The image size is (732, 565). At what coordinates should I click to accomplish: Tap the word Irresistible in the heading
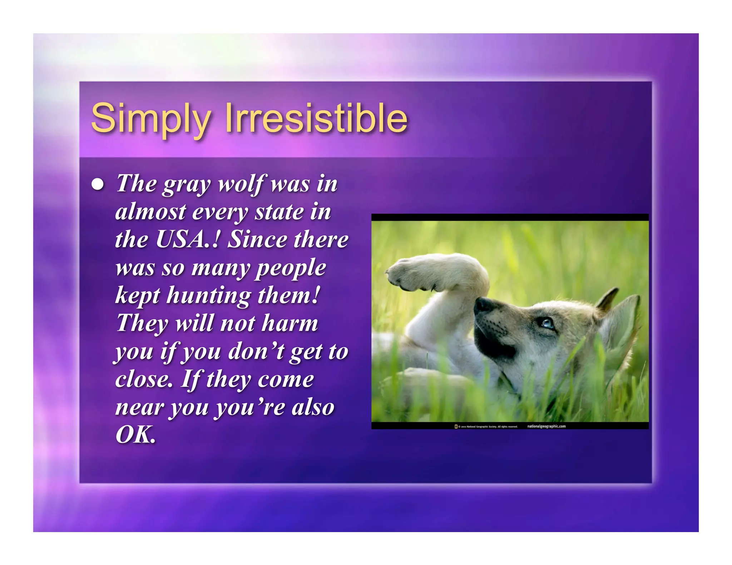pos(316,118)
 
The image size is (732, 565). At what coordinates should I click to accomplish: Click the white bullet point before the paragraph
pos(98,184)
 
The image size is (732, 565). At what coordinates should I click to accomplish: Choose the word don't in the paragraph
pos(256,351)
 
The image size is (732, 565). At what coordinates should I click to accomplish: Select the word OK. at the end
pos(135,435)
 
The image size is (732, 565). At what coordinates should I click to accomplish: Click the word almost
pos(150,212)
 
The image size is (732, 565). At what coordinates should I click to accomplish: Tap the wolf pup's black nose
pos(482,305)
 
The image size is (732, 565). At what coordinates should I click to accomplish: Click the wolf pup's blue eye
pos(547,323)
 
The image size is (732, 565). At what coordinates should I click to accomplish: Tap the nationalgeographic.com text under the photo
pos(546,426)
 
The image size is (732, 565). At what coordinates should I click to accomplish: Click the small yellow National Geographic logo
pos(456,426)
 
